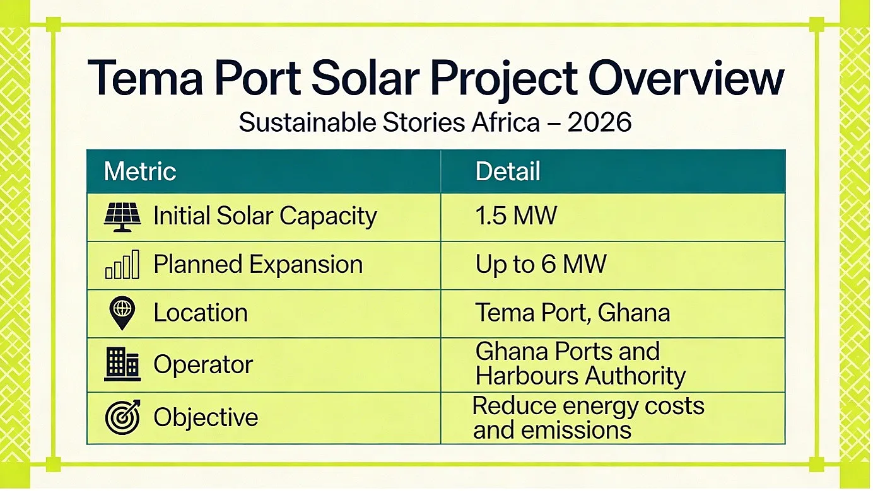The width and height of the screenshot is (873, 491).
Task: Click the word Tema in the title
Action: coord(145,78)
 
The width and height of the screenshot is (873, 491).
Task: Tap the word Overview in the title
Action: coord(686,78)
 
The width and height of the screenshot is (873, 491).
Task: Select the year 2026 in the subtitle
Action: coord(599,122)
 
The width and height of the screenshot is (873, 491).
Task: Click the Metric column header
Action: coord(140,171)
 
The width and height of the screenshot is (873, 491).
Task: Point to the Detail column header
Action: coord(508,171)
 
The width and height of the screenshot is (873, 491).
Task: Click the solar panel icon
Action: coord(122,217)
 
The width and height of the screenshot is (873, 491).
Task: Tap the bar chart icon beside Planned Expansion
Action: coord(122,265)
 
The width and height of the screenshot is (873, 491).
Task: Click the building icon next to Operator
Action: coord(122,364)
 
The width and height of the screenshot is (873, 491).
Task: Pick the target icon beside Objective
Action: coord(123,417)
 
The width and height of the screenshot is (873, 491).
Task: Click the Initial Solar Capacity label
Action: coord(265,216)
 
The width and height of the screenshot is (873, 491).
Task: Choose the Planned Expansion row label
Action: coord(258,265)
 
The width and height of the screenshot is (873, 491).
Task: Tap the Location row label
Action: coord(201,313)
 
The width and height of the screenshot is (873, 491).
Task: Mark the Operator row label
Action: coord(203,366)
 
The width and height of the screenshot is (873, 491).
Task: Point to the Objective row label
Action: coord(206,417)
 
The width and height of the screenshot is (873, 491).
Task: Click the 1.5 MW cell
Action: coord(516,216)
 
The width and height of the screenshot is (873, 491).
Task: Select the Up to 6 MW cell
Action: coord(541,265)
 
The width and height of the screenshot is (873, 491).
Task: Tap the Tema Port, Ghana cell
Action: coord(573,313)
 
